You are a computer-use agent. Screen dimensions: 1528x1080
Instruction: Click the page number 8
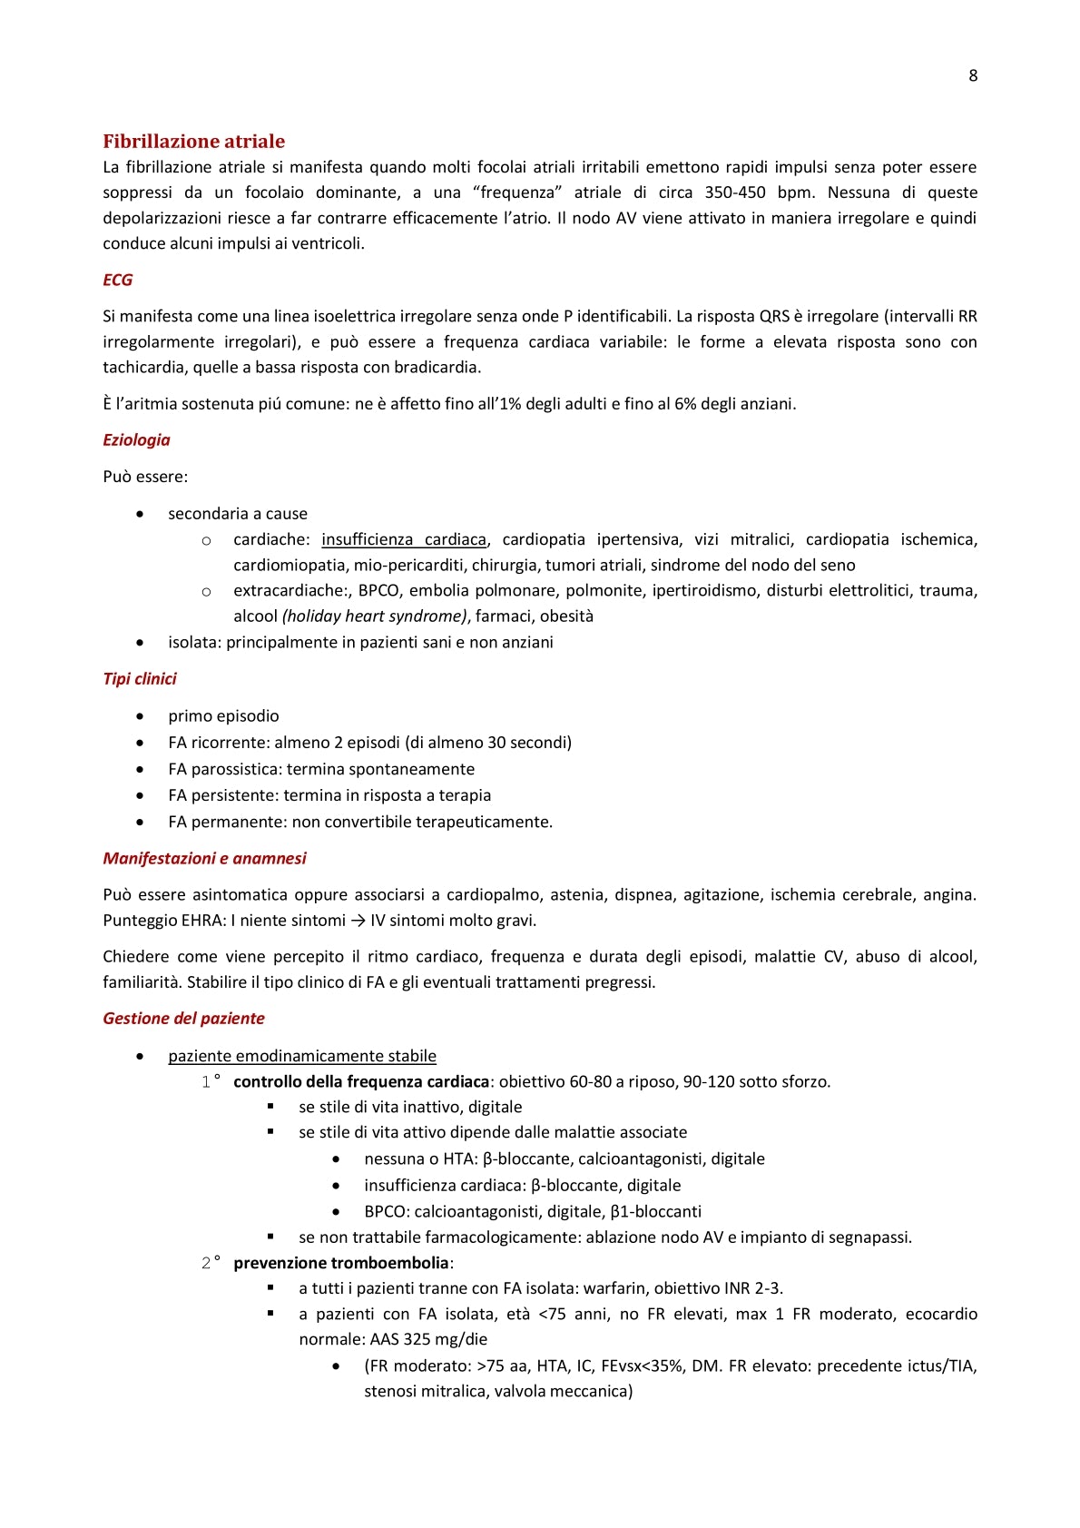973,75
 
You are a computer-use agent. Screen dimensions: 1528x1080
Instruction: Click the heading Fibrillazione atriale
193,141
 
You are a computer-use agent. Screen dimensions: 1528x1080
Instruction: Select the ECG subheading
117,280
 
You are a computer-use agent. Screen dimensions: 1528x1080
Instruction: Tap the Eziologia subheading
136,439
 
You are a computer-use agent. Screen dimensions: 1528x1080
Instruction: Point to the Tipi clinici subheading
140,678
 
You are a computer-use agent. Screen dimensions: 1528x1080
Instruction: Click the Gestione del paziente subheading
183,1018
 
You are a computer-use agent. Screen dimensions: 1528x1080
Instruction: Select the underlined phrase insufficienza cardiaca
404,539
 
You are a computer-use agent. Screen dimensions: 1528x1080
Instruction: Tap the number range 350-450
734,192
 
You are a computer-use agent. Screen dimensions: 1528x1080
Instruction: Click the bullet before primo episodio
140,715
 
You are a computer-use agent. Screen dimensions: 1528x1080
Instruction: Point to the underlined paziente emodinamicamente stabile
301,1055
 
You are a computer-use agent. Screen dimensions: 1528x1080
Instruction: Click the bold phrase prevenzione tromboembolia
341,1262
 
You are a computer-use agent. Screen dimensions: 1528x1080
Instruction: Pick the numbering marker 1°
211,1081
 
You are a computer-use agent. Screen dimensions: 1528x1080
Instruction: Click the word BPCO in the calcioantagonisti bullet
387,1211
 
